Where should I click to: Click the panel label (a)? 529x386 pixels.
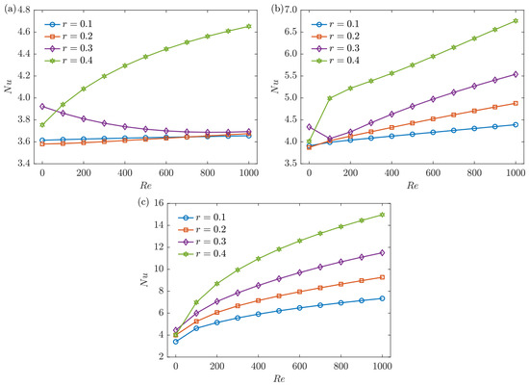[10, 10]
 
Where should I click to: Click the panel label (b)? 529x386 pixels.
[277, 10]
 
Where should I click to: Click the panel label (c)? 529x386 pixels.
[143, 202]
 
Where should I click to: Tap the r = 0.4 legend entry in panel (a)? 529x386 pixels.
[69, 61]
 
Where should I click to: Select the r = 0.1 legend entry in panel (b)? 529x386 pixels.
[336, 24]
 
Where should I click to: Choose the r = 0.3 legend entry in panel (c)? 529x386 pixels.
[202, 242]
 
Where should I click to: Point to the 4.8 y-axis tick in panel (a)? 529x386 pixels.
[24, 10]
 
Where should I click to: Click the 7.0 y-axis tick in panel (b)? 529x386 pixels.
[290, 10]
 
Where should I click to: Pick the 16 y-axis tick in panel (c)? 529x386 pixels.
[159, 203]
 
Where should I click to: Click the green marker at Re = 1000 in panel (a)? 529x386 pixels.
[249, 26]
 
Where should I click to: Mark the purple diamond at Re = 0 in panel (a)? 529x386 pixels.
[42, 107]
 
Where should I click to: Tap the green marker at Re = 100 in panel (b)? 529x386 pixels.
[330, 98]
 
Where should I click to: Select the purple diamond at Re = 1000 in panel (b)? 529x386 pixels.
[516, 74]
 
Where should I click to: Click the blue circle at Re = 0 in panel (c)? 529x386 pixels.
[175, 342]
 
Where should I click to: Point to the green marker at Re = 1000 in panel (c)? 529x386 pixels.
[382, 215]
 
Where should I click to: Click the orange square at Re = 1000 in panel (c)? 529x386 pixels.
[382, 277]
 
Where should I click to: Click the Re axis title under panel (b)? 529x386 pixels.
[413, 185]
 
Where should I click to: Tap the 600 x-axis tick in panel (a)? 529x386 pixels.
[166, 173]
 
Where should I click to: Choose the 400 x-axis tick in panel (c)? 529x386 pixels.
[258, 366]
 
